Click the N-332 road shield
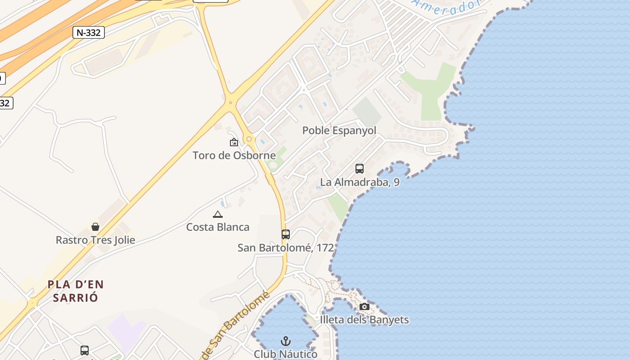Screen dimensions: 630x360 click(x=88, y=32)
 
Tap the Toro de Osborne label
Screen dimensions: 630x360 click(x=234, y=156)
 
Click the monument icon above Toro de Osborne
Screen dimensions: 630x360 click(x=234, y=142)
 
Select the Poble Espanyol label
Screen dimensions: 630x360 click(x=339, y=130)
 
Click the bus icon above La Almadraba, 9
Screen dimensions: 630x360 click(x=360, y=169)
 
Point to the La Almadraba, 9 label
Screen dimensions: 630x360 click(x=360, y=182)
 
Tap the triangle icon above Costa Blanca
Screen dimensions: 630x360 click(x=218, y=214)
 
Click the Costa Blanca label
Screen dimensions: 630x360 click(x=218, y=227)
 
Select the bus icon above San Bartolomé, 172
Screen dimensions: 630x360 click(x=286, y=234)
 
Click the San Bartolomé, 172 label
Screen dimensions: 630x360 click(x=286, y=247)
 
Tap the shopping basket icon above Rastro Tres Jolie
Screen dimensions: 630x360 click(x=95, y=226)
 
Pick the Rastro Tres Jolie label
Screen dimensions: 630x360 click(x=95, y=240)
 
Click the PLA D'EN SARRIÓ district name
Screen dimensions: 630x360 click(x=76, y=291)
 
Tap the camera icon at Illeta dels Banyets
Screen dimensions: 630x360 click(x=364, y=307)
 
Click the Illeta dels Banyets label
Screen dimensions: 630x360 click(x=364, y=320)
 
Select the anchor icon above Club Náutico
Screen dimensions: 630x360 click(x=286, y=341)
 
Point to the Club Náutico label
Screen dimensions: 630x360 click(x=286, y=354)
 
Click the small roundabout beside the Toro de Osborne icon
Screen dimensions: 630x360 click(x=249, y=139)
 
